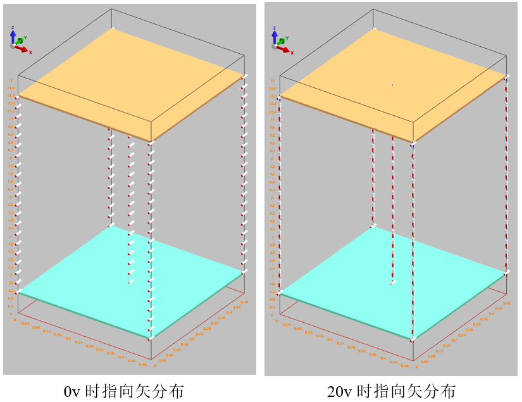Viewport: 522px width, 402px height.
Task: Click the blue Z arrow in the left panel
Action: click(13, 35)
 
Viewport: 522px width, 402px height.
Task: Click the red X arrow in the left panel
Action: click(23, 49)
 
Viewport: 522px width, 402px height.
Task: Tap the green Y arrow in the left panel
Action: click(20, 41)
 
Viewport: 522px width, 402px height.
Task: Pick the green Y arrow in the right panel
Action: click(282, 40)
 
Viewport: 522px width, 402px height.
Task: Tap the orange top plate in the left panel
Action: click(130, 82)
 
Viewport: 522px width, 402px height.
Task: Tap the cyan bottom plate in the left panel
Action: click(130, 279)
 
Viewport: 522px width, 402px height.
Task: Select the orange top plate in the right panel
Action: click(392, 82)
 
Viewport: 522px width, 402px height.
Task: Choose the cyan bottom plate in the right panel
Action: click(392, 279)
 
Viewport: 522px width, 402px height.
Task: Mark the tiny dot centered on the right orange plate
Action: click(392, 85)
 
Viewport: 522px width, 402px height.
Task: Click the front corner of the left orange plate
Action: click(151, 141)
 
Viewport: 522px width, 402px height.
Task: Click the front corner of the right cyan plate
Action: click(413, 340)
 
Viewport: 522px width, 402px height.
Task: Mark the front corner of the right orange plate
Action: click(413, 142)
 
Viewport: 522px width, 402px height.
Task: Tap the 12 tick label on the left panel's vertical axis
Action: click(10, 80)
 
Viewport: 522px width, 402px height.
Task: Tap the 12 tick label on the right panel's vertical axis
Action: click(272, 80)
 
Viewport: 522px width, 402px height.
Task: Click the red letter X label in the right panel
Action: click(292, 51)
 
